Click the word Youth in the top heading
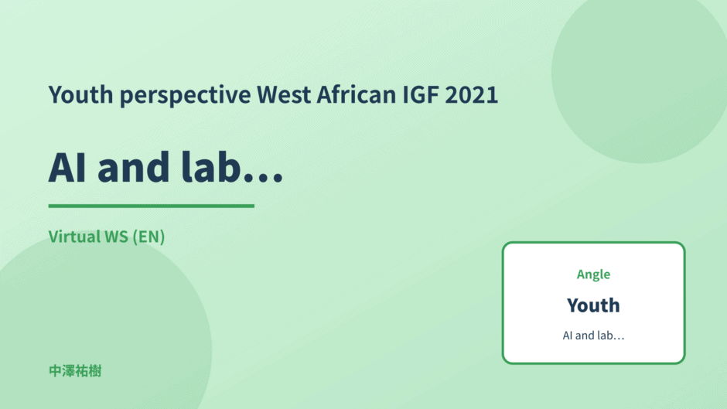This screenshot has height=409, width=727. click(x=80, y=94)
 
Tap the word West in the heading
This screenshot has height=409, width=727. click(x=284, y=94)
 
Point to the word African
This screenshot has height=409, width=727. click(x=356, y=94)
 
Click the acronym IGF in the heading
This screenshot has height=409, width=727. click(x=420, y=94)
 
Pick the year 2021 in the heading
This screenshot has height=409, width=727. click(x=472, y=94)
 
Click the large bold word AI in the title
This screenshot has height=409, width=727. click(x=67, y=168)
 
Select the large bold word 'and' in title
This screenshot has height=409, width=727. click(x=134, y=167)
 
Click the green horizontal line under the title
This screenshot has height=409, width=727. click(x=151, y=206)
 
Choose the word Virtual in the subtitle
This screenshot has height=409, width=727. click(x=75, y=237)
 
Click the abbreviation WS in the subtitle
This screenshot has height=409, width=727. click(x=116, y=237)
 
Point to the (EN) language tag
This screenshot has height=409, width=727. click(x=148, y=237)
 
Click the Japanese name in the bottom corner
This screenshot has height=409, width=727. click(x=75, y=371)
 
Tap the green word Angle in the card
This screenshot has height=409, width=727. click(x=593, y=275)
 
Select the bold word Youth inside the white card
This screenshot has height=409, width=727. click(x=593, y=305)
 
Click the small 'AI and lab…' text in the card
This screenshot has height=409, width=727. click(x=593, y=336)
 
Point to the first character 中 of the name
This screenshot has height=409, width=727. click(x=55, y=371)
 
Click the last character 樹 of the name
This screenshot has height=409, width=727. click(x=95, y=371)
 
